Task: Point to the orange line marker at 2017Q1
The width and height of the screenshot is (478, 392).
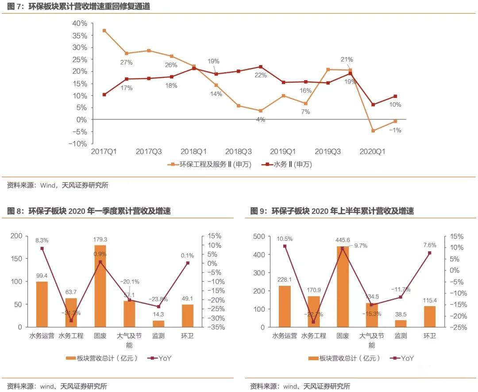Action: click(104, 31)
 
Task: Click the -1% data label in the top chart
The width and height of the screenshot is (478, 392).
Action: click(395, 130)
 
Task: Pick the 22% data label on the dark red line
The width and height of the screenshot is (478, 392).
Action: click(261, 75)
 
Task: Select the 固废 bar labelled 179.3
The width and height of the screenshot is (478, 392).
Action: click(100, 286)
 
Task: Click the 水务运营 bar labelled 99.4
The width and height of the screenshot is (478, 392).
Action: click(42, 304)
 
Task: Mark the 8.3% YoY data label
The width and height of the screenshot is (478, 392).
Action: click(42, 240)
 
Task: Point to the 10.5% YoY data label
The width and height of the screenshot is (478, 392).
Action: click(285, 239)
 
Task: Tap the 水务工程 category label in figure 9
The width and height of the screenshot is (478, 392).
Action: click(313, 336)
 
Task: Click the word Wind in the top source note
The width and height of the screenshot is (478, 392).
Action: click(47, 186)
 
